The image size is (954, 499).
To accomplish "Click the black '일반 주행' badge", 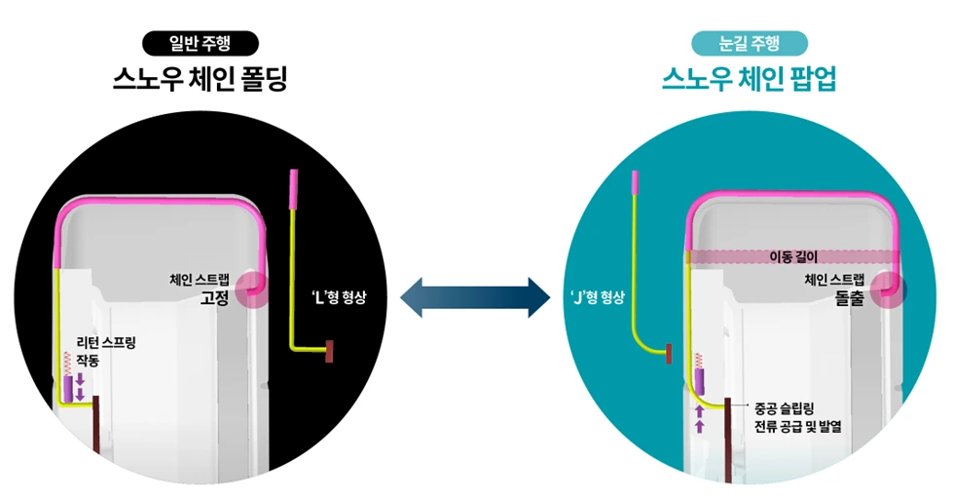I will coord(200,43).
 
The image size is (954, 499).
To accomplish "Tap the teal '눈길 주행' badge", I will coord(749,43).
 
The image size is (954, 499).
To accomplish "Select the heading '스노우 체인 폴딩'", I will coord(200,79).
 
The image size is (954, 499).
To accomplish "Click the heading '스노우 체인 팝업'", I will coord(749,79).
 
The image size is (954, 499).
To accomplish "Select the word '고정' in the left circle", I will coord(213,299).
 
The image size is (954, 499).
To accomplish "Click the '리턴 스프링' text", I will coord(107,343).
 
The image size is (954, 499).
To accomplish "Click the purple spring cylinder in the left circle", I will coord(68,388).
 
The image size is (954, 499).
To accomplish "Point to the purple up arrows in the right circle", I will coord(699,418).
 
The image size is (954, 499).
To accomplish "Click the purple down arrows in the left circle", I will coord(81,386).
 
